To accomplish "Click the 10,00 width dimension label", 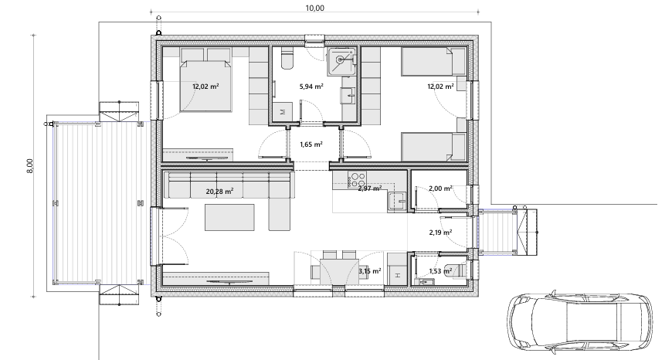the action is click(x=315, y=8).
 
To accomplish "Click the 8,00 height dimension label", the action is click(x=29, y=166).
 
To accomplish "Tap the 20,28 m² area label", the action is click(x=219, y=191).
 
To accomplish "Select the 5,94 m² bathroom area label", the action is click(x=311, y=87).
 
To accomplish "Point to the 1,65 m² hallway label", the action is click(x=311, y=144).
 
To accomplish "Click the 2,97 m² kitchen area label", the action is click(x=370, y=188).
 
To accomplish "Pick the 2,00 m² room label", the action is click(x=440, y=188).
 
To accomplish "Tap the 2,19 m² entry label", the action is click(x=440, y=233).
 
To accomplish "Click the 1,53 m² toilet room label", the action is click(x=440, y=271).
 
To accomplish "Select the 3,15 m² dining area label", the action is click(x=370, y=271).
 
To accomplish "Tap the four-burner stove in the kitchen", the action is click(x=357, y=178).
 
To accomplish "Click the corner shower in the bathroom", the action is click(x=341, y=59).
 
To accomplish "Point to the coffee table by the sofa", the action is click(x=229, y=217).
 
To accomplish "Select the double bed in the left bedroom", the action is click(x=206, y=86).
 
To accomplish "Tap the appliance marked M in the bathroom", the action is click(x=282, y=112).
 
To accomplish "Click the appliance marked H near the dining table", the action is click(x=397, y=275).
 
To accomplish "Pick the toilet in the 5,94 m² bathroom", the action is click(x=287, y=59).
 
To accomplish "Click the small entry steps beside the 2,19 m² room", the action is click(x=497, y=232).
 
